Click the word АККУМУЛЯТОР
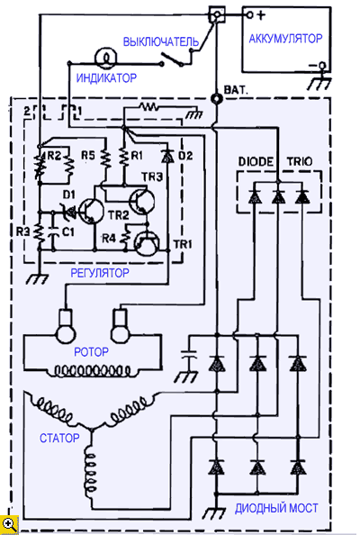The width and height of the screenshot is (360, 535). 285,38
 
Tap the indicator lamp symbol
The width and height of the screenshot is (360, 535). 106,59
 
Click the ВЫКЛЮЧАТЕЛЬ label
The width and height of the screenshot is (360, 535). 161,41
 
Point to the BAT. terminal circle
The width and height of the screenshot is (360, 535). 216,99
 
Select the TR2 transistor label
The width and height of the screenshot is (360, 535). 119,215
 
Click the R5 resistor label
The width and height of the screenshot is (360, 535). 88,156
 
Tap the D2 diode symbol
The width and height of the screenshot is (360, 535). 167,157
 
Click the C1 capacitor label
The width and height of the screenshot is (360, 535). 67,232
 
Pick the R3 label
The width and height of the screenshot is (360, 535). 23,231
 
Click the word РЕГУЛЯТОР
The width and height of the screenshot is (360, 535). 100,273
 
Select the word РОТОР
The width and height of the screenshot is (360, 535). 92,352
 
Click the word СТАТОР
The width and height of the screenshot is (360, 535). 59,438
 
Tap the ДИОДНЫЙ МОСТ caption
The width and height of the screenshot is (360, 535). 276,508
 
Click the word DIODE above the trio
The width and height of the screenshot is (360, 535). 256,161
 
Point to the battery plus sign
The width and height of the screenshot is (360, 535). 261,15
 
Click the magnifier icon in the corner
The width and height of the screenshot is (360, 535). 9,524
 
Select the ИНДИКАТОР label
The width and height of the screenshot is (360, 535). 106,78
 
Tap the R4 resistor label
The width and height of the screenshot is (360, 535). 109,239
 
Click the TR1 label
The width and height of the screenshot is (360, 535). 183,244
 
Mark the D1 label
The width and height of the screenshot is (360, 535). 69,195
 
